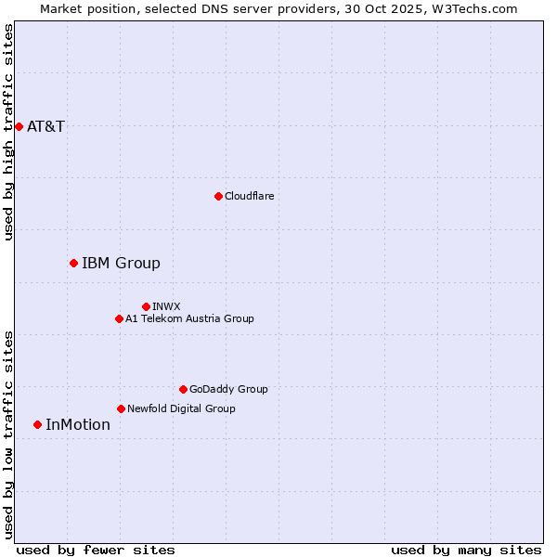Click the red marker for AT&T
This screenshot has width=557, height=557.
coord(19,126)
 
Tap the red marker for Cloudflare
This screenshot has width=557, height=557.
coord(218,196)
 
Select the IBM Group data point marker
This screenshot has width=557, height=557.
coord(73,263)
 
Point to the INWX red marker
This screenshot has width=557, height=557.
coord(146,306)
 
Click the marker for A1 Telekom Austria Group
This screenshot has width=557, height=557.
coord(119,318)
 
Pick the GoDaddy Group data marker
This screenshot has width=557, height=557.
coord(183,389)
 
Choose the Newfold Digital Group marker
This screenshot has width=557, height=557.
coord(121,408)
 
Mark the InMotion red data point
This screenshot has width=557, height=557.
coord(37,424)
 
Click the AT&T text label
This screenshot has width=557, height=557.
coord(46,126)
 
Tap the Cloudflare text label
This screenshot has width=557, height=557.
coord(250,196)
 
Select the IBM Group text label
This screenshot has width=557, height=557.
coord(121,263)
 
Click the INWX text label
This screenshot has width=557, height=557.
coord(166,306)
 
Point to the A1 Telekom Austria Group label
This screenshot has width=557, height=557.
coord(189,318)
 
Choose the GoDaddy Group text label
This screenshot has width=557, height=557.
coord(228,389)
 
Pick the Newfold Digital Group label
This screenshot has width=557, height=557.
coord(181,408)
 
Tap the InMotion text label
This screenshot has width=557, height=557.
coord(78,424)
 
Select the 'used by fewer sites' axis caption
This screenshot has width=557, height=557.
coord(96,550)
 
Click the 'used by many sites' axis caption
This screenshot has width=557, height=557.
coord(466,550)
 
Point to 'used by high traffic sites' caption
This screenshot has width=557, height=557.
coord(8,132)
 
